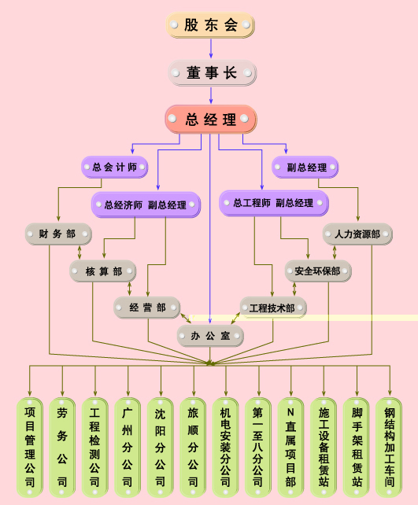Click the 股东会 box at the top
[210, 25]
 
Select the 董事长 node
[212, 73]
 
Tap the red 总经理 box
[211, 119]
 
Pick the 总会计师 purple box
[114, 167]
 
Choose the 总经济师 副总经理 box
[146, 205]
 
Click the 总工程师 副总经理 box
[274, 203]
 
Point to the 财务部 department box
[58, 234]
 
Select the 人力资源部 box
[357, 234]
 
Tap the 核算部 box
[103, 271]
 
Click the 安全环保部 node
[318, 271]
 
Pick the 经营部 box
[147, 308]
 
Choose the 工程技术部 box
[273, 308]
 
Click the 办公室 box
[210, 336]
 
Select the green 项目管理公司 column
[30, 448]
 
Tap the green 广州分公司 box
[128, 448]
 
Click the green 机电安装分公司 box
[225, 448]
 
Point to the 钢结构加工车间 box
[389, 448]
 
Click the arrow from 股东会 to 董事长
[211, 49]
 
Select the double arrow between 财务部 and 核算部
[80, 252]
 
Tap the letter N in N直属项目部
[290, 412]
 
